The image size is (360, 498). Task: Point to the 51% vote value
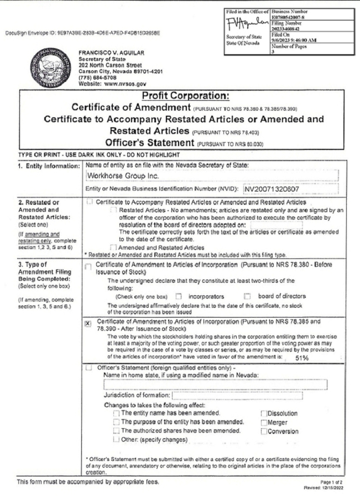tap(302, 357)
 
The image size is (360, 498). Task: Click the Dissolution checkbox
tap(263, 413)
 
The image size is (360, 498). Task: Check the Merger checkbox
tap(263, 423)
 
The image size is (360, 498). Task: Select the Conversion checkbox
tap(263, 432)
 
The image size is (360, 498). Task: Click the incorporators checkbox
tap(178, 296)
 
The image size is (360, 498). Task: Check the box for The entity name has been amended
tap(116, 413)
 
